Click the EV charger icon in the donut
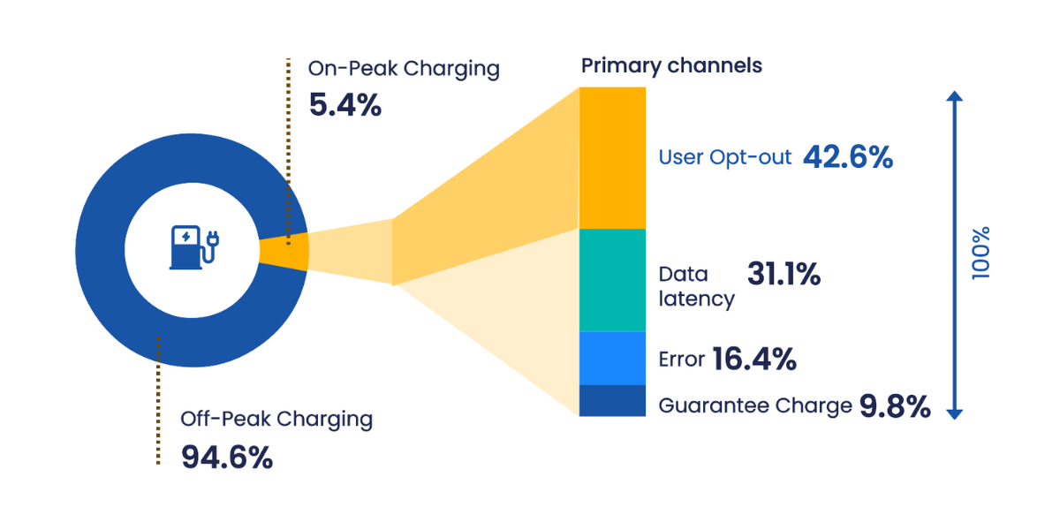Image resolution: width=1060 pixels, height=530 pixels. click(193, 247)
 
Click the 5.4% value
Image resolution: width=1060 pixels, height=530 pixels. click(344, 106)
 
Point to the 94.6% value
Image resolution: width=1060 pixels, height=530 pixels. click(227, 458)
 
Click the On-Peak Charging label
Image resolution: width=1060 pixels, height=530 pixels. click(404, 68)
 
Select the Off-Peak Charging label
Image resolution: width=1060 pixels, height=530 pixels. click(276, 419)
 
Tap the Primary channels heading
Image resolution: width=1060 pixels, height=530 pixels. click(670, 65)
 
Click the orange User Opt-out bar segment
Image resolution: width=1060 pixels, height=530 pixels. click(612, 157)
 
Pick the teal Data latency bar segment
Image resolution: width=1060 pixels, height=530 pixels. click(612, 280)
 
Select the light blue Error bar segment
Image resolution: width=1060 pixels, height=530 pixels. click(612, 358)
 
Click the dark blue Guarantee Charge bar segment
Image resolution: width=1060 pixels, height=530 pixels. click(612, 400)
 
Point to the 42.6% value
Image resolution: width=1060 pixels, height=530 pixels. click(848, 157)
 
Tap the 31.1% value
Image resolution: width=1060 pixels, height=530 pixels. click(784, 275)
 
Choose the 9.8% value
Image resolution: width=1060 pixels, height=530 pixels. click(895, 406)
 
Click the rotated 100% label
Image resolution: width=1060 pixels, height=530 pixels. click(980, 253)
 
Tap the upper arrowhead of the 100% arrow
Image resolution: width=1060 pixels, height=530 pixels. click(954, 97)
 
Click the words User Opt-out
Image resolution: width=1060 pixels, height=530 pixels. click(725, 158)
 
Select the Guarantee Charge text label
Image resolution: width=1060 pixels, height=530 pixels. click(755, 406)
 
